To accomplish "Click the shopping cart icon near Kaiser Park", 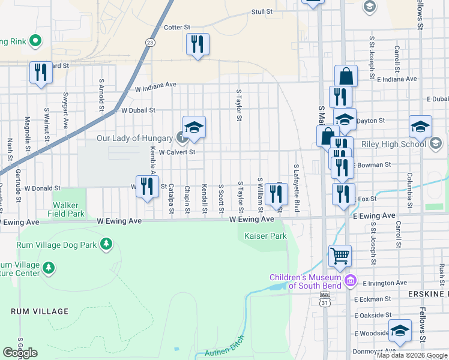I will [340, 256].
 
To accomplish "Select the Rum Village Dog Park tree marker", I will [106, 243].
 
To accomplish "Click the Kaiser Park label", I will [265, 236].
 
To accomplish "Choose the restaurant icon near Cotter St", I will [197, 44].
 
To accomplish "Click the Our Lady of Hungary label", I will [135, 138].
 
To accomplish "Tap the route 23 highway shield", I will [149, 42].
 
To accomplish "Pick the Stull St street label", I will [262, 11].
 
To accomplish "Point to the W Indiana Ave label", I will [155, 87].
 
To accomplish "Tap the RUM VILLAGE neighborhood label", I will [40, 311].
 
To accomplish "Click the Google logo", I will [20, 353].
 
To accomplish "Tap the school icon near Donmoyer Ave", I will [400, 331].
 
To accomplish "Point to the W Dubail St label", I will [138, 110].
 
